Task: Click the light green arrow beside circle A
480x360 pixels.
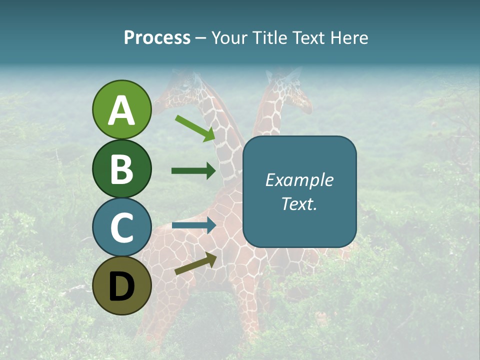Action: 195,128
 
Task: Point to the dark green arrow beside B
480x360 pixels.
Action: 193,171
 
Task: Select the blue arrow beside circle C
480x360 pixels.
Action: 193,225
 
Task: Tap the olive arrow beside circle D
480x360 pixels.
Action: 195,264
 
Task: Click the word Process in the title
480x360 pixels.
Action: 157,38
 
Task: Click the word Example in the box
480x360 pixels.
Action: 299,180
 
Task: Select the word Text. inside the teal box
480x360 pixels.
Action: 299,203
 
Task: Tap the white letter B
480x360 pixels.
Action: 121,169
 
